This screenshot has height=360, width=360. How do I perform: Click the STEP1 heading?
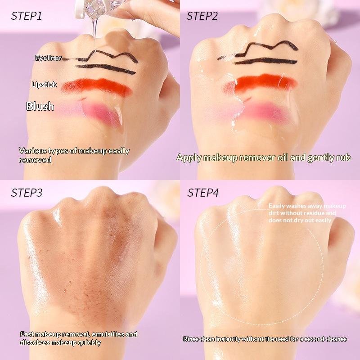click(27, 16)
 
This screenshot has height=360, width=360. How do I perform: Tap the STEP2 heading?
click(202, 16)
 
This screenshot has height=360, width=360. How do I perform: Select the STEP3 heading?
click(27, 193)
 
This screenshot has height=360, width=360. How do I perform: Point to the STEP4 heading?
click(203, 193)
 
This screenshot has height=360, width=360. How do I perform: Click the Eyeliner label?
click(48, 58)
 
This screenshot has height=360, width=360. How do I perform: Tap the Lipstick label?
click(44, 85)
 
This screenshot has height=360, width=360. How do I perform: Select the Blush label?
click(40, 106)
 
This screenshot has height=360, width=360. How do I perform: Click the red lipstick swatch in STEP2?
click(261, 82)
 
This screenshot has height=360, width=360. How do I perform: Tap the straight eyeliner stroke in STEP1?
click(106, 69)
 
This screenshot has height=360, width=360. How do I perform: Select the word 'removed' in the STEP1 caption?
click(35, 160)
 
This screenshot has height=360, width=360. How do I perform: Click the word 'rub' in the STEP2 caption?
click(343, 157)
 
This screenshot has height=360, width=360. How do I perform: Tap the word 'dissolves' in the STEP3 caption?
click(35, 342)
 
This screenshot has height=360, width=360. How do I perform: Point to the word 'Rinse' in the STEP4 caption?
click(190, 339)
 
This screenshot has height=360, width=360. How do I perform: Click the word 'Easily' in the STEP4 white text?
click(276, 206)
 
